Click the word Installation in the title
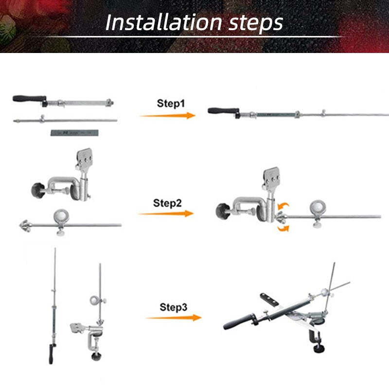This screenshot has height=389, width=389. [x=163, y=22]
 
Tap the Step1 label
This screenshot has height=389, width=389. [x=171, y=104]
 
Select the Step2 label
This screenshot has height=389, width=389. [x=167, y=203]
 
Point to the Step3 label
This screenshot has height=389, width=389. [x=174, y=307]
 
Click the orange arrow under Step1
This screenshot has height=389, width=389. [x=168, y=116]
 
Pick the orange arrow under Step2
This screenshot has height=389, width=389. [x=166, y=213]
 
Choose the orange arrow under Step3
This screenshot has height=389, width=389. [x=174, y=318]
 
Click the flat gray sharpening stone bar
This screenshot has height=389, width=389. [x=74, y=133]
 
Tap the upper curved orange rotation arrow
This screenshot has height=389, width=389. [x=283, y=206]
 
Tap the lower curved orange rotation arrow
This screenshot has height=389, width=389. [x=283, y=228]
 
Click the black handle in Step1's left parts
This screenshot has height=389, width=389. [x=29, y=99]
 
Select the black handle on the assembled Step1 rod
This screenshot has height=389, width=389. [x=224, y=111]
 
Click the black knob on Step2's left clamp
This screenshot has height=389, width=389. [x=38, y=190]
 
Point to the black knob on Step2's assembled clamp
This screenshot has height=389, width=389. [x=223, y=211]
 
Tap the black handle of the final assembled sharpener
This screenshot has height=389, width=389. [x=238, y=322]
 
